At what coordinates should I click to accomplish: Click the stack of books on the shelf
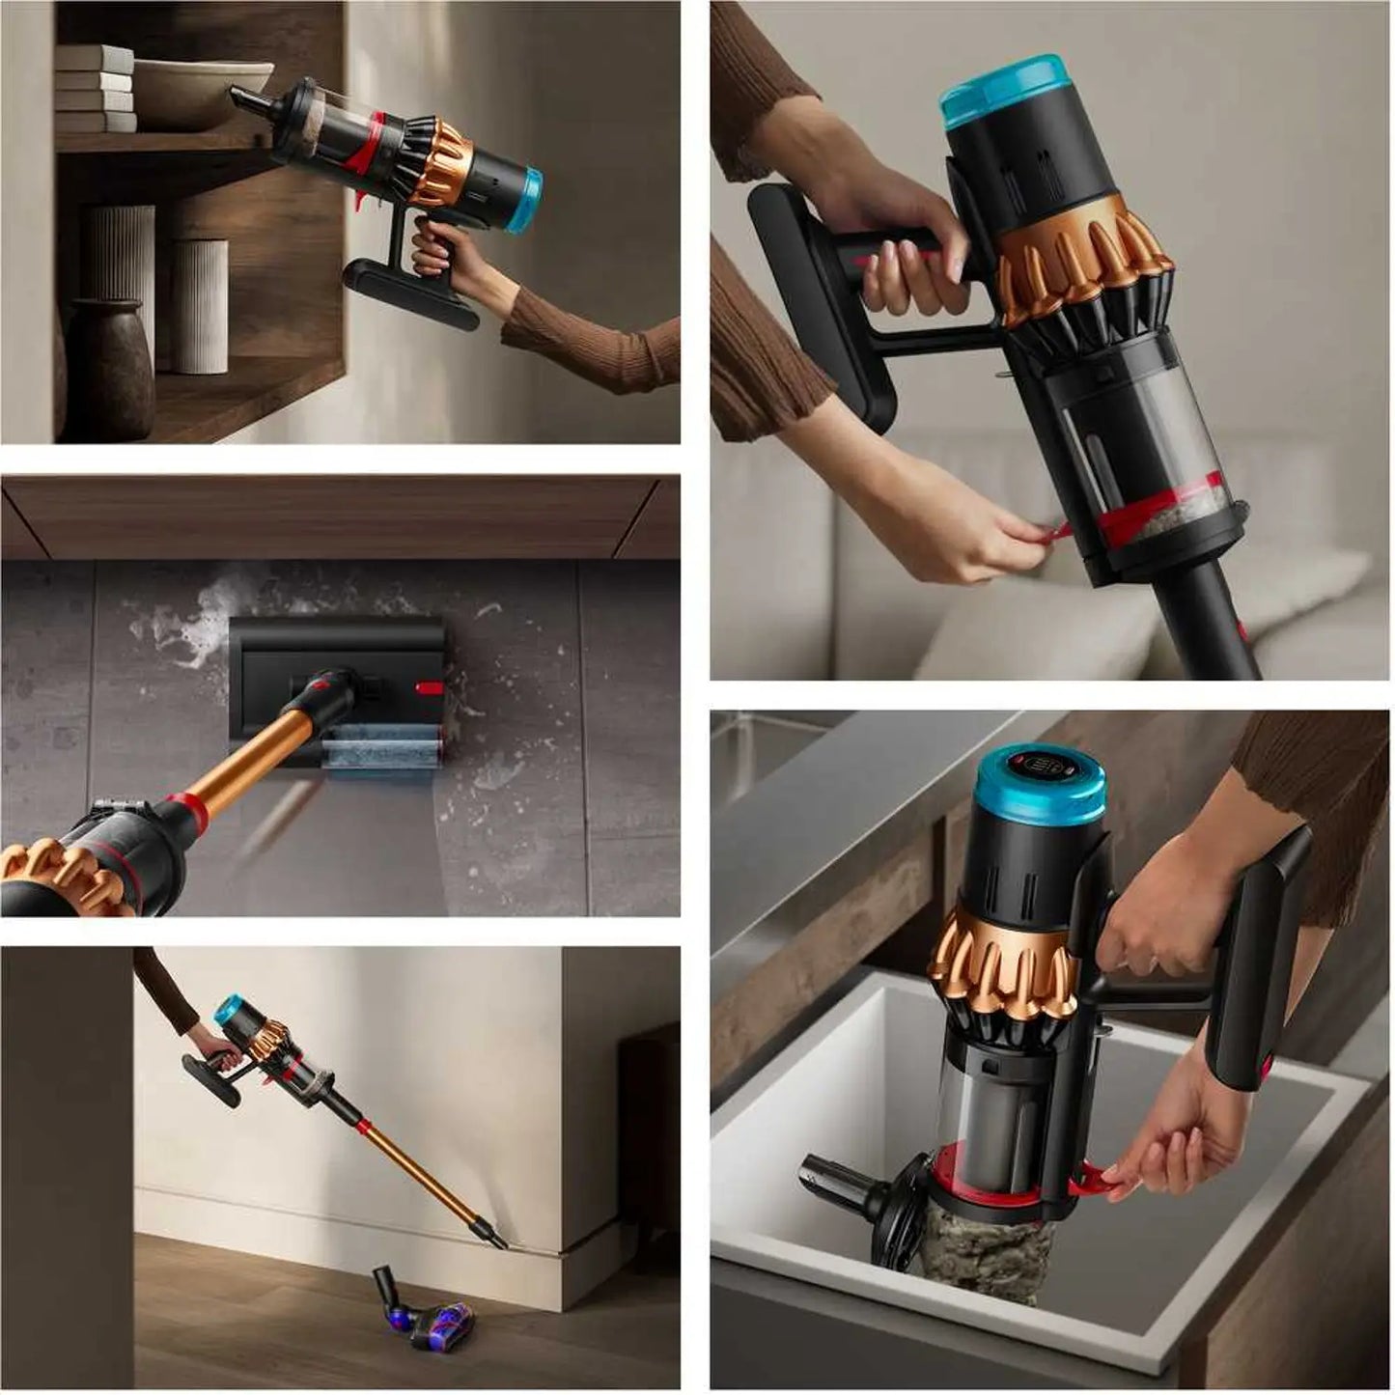coord(95,88)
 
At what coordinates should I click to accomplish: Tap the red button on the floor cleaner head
coord(430,689)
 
